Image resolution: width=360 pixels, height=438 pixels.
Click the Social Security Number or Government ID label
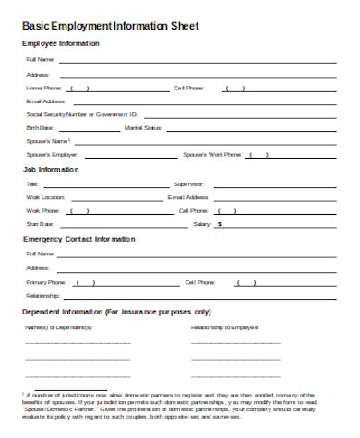click(x=82, y=114)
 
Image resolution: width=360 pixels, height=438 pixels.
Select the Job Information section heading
click(x=53, y=170)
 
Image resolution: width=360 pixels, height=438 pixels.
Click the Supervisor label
click(x=189, y=183)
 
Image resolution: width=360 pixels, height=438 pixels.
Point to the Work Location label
click(x=46, y=197)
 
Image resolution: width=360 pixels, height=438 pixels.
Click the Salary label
click(x=200, y=224)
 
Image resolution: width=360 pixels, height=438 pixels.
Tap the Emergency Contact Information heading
click(x=78, y=239)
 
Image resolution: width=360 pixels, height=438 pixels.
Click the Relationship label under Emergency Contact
click(x=43, y=296)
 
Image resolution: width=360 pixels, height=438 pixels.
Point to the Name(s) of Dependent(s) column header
click(x=59, y=327)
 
